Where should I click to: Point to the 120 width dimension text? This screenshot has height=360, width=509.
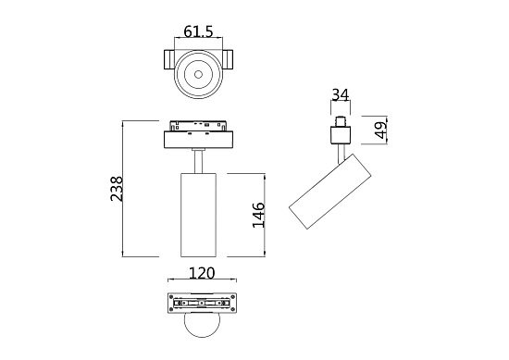coord(201,273)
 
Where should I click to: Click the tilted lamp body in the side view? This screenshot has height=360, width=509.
coord(331,193)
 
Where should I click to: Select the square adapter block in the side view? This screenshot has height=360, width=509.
coord(341,136)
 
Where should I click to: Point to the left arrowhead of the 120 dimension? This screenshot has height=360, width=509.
coord(168,280)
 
